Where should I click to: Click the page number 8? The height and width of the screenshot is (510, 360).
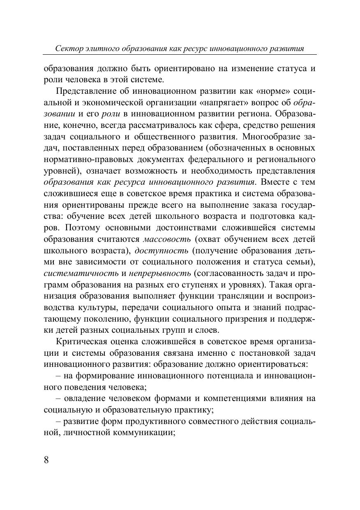46,459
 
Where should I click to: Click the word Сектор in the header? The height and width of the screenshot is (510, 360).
67,49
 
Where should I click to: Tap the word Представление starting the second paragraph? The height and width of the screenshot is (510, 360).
88,91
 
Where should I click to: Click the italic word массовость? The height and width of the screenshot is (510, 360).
167,239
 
